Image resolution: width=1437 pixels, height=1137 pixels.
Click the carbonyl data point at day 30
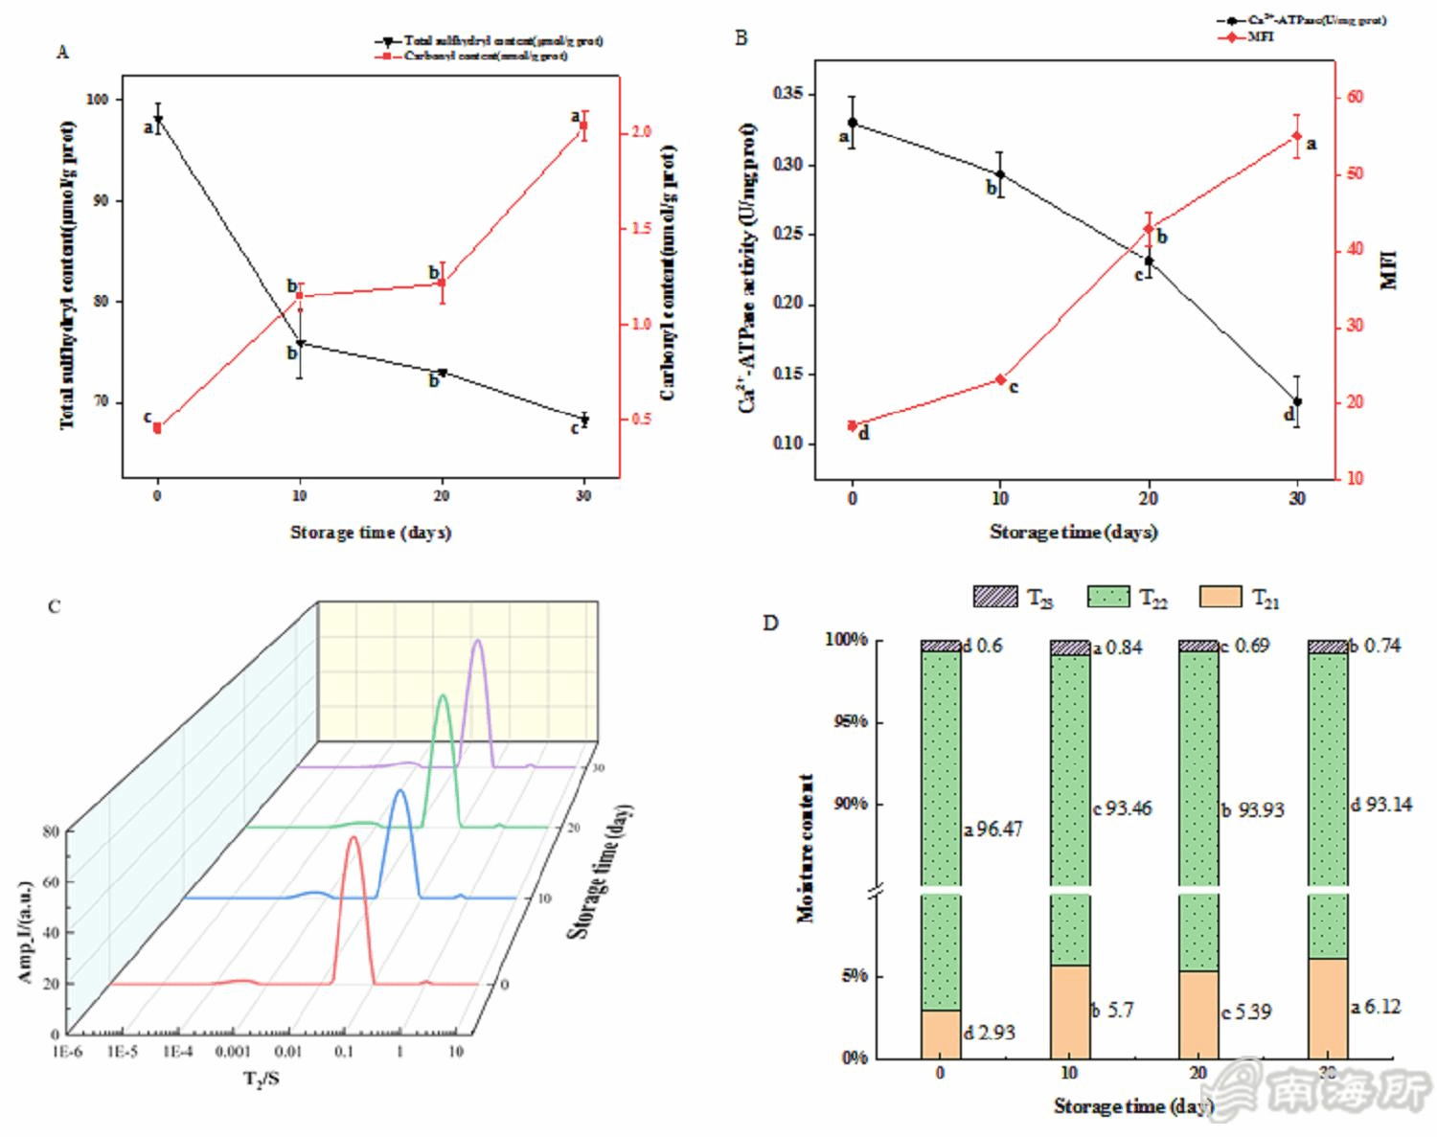click(583, 126)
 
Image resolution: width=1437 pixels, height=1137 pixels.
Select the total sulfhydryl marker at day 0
click(157, 120)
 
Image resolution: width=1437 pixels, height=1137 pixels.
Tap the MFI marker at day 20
click(1149, 229)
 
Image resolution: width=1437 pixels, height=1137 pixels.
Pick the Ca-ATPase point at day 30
click(1297, 402)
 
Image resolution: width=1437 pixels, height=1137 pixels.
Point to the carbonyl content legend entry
click(485, 57)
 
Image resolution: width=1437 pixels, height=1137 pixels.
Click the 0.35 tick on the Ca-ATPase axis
click(791, 94)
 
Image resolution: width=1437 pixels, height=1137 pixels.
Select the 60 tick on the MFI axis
click(1355, 97)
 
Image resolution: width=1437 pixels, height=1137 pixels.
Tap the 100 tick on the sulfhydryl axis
click(97, 99)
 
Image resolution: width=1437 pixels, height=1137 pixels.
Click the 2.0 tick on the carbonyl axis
click(641, 132)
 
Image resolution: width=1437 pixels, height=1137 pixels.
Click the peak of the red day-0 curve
click(354, 837)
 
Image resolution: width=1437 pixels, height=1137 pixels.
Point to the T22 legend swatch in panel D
click(1108, 597)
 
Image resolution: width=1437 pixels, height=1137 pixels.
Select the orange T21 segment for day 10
click(1070, 1011)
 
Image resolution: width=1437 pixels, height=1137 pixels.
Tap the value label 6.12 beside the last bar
click(1381, 1007)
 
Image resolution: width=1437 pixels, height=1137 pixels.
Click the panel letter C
click(55, 607)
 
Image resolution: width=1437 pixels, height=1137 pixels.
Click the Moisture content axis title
click(806, 848)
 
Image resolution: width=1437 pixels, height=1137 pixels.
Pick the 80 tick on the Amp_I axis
click(51, 831)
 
